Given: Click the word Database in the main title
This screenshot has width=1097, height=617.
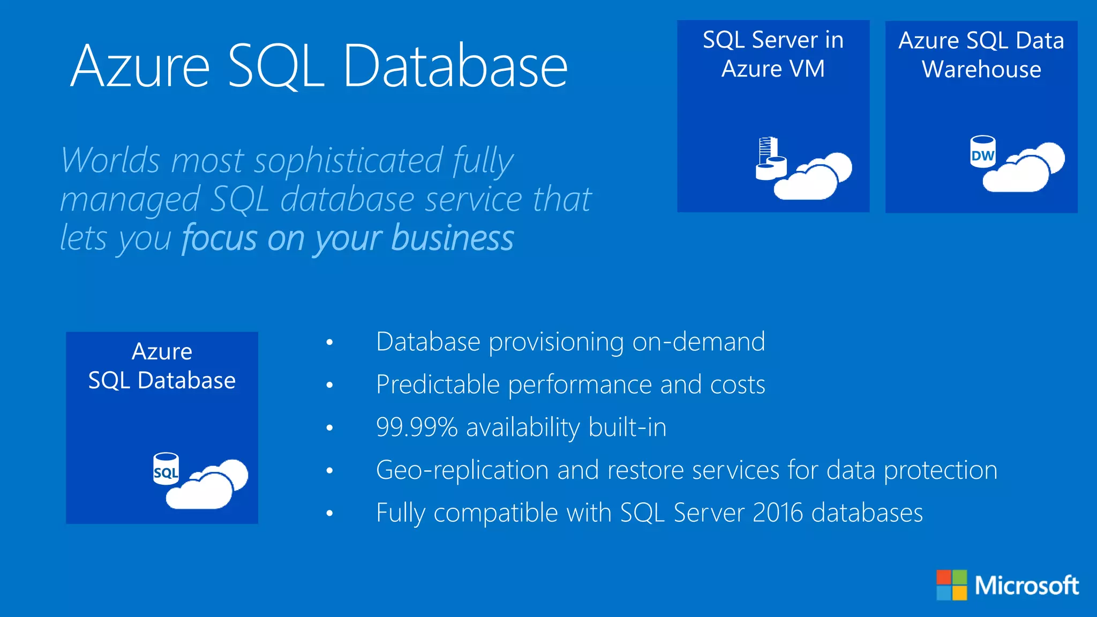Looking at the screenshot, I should point(455,66).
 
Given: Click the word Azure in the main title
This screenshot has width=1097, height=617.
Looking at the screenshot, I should point(140,66).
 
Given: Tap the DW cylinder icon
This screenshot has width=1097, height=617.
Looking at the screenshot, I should point(983,152).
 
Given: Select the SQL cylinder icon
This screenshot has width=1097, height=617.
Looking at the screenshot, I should point(166,469).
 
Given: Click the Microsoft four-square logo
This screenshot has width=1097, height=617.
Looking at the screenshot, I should point(951,585).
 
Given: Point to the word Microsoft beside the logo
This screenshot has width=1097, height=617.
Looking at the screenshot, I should point(1026,585).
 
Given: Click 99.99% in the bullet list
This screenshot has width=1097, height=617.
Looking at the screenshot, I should point(417,427).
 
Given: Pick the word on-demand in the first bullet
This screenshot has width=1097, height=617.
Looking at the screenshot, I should point(698,342).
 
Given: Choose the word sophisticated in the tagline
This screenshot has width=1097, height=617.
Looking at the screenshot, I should point(349,160).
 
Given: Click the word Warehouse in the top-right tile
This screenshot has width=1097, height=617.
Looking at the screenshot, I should point(981,70).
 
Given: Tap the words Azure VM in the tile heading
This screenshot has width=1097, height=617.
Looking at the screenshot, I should point(773,69).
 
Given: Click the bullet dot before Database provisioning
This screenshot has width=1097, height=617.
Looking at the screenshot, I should point(329,342).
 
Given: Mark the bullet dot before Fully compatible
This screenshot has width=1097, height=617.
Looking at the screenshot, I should point(329,513).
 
